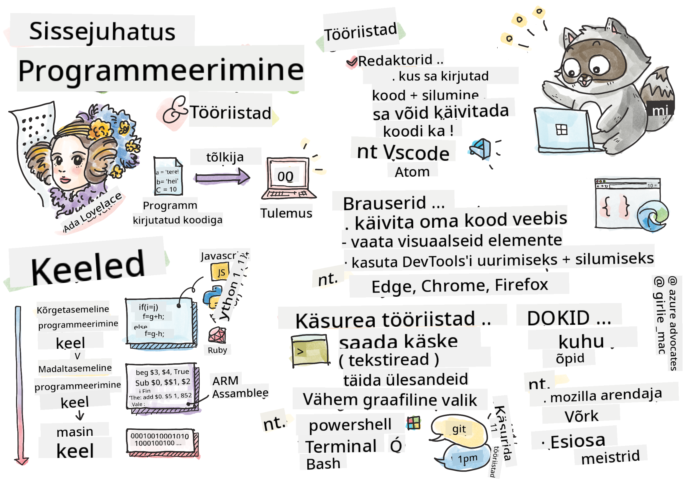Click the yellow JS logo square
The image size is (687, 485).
coord(220,272)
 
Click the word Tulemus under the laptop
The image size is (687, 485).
coord(286,213)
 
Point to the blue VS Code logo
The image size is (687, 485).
coord(481,149)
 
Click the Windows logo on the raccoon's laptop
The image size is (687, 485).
coord(561,130)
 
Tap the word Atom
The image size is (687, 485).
coord(412,172)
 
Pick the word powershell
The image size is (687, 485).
coord(350,425)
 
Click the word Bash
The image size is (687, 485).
coord(323,464)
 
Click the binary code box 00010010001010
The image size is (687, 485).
coord(160,440)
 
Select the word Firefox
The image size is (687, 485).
coord(521,285)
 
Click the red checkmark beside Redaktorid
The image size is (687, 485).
coord(352,61)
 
